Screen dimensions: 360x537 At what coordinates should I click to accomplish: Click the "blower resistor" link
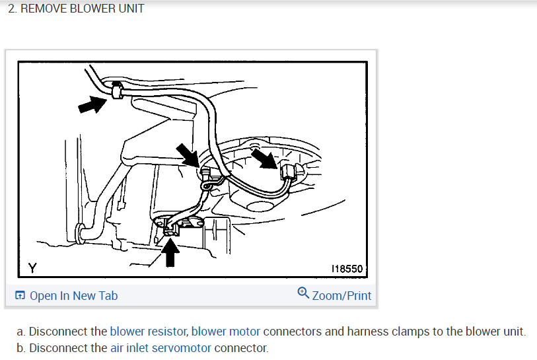coord(149,331)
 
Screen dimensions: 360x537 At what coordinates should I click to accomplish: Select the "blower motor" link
coord(226,331)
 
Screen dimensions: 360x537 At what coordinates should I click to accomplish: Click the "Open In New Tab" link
coord(73,295)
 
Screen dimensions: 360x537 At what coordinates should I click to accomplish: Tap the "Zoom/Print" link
coord(341,295)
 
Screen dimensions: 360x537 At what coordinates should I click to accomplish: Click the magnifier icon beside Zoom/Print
coord(303,291)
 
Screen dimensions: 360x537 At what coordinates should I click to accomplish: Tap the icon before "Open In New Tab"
coord(20,295)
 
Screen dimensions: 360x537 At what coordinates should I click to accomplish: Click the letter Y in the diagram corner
coord(31,268)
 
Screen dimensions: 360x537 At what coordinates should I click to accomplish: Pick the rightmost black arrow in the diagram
coord(266,159)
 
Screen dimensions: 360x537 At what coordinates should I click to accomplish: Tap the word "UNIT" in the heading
coord(129,9)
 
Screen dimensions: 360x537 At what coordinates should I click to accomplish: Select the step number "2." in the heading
coord(13,9)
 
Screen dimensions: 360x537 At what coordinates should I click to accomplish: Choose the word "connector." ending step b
coord(241,347)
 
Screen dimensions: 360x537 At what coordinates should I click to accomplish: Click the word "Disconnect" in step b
coord(57,347)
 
